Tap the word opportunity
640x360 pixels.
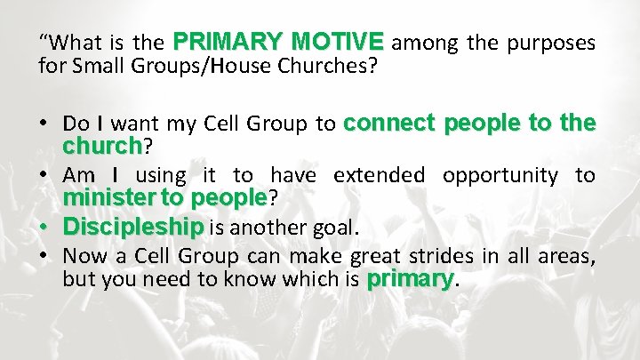(504, 175)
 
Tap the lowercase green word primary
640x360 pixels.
(410, 279)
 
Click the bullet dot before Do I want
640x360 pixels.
(44, 125)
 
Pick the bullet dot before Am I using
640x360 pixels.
(44, 176)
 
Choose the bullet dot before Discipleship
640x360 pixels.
(44, 228)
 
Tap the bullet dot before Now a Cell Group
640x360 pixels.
(44, 258)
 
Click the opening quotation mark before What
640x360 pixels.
(43, 39)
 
